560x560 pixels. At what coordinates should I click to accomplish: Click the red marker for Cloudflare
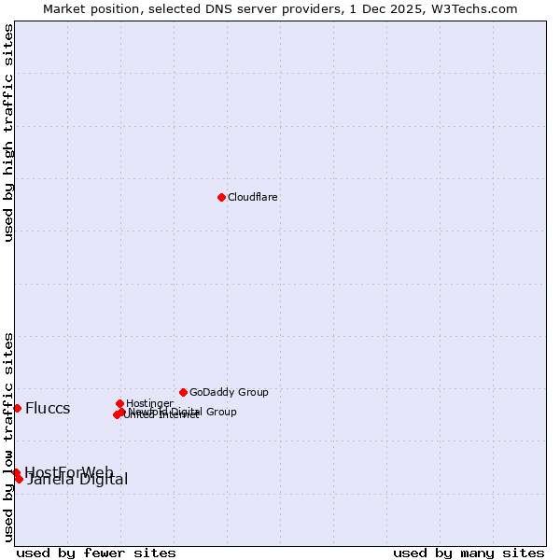[x=221, y=197]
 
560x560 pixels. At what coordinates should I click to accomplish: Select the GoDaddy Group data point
[x=183, y=392]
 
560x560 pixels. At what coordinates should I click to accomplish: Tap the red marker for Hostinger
[x=119, y=403]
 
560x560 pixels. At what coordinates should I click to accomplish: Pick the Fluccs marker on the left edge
[x=17, y=408]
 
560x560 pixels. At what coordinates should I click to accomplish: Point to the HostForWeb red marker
[x=16, y=472]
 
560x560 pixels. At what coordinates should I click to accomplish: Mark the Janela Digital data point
[x=19, y=479]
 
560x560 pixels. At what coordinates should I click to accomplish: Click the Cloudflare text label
[x=253, y=197]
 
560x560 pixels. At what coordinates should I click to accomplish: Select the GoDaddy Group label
[x=229, y=392]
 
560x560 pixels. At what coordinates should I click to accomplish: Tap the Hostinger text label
[x=149, y=403]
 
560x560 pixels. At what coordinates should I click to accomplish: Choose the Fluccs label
[x=48, y=408]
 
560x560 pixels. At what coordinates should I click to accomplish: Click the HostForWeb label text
[x=69, y=471]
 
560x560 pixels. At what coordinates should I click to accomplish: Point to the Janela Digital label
[x=77, y=480]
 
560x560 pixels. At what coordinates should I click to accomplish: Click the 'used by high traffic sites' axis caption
[x=8, y=133]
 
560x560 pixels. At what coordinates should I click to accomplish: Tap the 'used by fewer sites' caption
[x=96, y=553]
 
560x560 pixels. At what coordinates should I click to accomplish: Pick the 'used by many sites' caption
[x=469, y=553]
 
